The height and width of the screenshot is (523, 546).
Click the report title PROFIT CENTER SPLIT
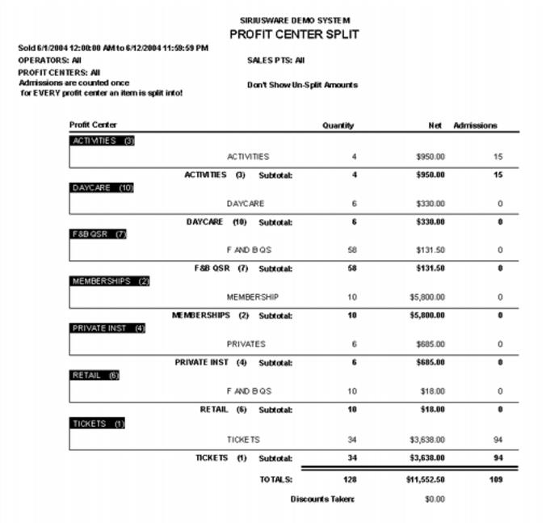point(294,34)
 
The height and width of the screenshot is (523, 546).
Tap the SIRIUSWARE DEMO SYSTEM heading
point(295,19)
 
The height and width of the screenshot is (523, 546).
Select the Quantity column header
point(338,125)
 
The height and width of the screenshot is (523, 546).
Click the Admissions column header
point(475,125)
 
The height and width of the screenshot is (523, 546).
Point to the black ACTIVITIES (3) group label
point(103,141)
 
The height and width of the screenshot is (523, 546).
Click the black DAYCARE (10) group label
point(103,188)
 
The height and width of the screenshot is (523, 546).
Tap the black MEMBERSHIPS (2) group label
point(111,281)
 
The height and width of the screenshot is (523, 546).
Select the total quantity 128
point(350,479)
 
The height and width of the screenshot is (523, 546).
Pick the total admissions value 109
point(496,479)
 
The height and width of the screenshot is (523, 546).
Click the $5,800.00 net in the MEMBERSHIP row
point(427,297)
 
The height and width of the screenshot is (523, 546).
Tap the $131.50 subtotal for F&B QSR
point(430,268)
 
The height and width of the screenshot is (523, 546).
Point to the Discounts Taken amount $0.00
point(435,500)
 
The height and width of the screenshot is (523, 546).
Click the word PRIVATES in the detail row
point(246,344)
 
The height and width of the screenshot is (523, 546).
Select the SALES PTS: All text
point(275,60)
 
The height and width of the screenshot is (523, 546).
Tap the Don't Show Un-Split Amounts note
point(301,85)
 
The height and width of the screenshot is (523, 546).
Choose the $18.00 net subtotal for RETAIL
point(432,410)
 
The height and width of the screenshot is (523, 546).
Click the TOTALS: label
point(275,479)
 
